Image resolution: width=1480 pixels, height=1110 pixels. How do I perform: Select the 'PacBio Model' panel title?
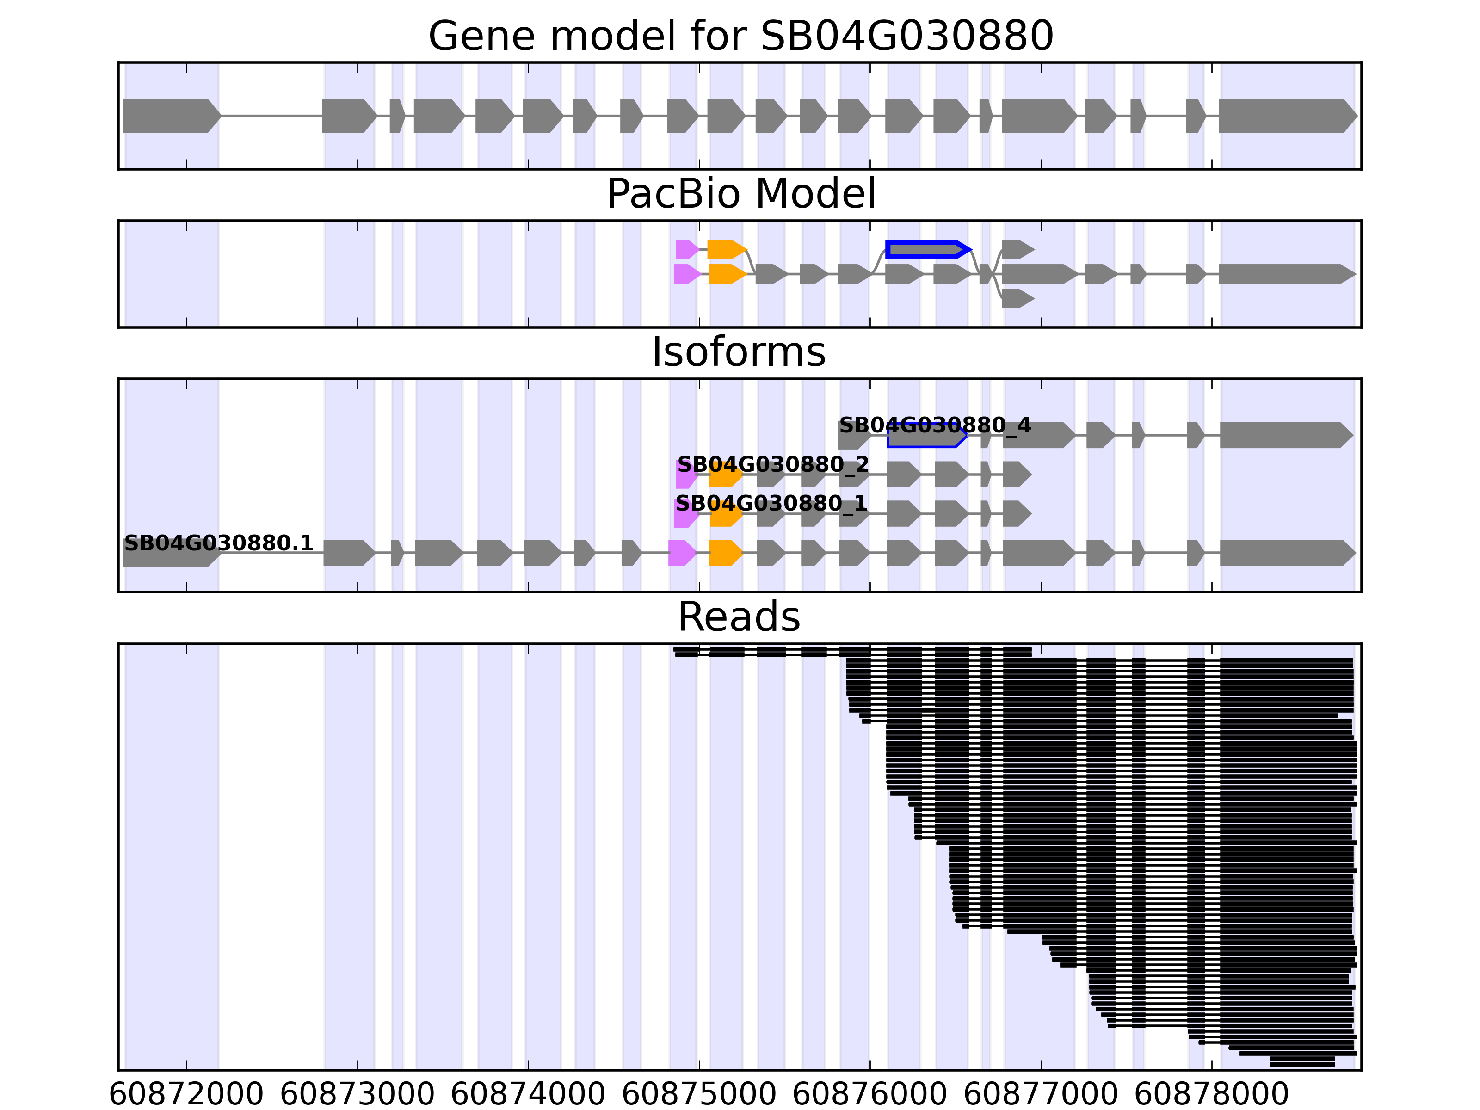(740, 194)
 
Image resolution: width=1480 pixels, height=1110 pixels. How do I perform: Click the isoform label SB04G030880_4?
(934, 425)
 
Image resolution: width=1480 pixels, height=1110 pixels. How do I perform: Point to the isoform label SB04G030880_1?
(771, 503)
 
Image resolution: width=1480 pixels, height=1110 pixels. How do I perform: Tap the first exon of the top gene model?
(171, 116)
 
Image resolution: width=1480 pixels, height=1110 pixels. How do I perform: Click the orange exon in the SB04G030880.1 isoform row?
(725, 553)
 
